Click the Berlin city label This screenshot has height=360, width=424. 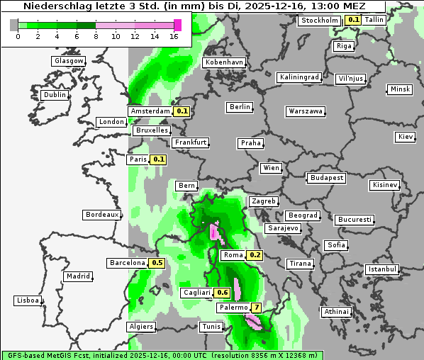point(240,107)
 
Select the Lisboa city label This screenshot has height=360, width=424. point(27,300)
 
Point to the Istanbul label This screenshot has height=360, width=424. point(382,269)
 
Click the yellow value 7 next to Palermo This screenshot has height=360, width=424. point(256,308)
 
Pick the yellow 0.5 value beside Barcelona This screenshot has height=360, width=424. point(157,263)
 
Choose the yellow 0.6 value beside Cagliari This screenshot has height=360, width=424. point(223,293)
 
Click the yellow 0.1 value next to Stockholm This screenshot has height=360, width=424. point(353,20)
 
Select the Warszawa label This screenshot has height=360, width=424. point(306,111)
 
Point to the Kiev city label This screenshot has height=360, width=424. point(406,137)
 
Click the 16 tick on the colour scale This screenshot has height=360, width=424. point(174,37)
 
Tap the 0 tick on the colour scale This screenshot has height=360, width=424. point(17,37)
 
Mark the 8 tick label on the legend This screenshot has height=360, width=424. point(96,37)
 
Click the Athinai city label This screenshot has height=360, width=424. point(336,312)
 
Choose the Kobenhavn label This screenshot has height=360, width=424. point(224,62)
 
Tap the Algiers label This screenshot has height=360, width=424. point(140,327)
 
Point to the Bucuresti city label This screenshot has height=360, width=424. point(354,220)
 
